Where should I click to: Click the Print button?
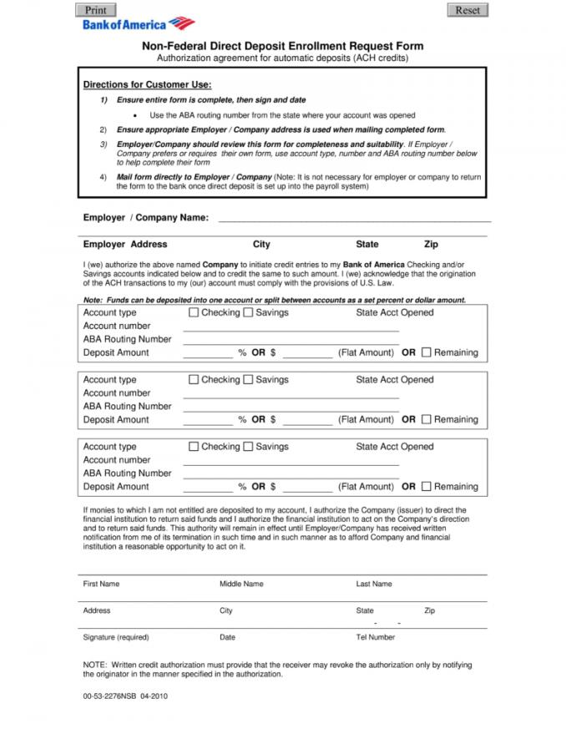point(96,10)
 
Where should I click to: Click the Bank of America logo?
point(138,24)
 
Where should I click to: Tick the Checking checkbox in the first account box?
point(194,312)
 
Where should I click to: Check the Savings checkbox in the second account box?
point(248,379)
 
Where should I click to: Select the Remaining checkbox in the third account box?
point(427,486)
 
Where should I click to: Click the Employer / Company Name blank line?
point(354,219)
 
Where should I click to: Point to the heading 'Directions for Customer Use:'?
point(147,85)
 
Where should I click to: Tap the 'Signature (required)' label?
point(115,637)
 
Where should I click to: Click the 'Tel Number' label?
point(375,637)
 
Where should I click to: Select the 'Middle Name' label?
point(241,584)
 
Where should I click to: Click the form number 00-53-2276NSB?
point(110,695)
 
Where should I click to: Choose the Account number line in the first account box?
point(279,328)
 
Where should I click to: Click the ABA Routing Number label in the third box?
point(127,473)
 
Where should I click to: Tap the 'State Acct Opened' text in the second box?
point(394,379)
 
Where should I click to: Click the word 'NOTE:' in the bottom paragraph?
point(94,665)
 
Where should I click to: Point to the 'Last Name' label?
point(373,584)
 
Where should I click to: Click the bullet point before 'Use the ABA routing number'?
point(136,115)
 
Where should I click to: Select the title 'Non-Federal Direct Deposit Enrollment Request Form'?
point(282,47)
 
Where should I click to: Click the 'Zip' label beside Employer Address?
point(431,245)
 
